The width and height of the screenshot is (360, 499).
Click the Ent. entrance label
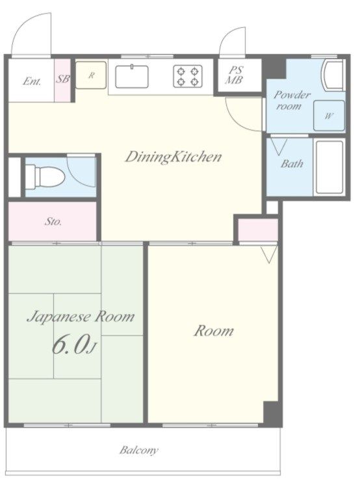[x=32, y=81]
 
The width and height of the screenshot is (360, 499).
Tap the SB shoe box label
[x=62, y=79]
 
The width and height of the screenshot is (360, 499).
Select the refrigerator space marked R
[x=91, y=75]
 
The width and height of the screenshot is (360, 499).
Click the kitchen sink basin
[x=132, y=77]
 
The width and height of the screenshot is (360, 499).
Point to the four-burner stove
[x=188, y=76]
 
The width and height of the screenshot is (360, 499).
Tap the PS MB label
[x=235, y=75]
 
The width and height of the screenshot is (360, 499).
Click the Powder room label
[x=292, y=100]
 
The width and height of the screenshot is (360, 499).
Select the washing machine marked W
[x=329, y=116]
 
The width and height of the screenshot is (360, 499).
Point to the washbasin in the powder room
[x=333, y=75]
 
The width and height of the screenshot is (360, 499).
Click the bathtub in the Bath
[x=329, y=168]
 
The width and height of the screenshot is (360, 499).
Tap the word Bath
[x=292, y=164]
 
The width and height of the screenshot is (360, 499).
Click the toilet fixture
[x=45, y=176]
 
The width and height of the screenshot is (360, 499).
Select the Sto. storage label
[x=53, y=221]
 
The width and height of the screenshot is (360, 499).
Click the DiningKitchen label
[x=173, y=157]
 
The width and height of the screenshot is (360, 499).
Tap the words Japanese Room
[x=81, y=317]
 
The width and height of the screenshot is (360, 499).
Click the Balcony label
[x=139, y=450]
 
